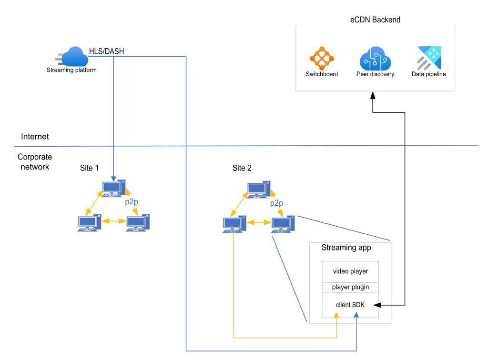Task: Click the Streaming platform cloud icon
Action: tap(74, 57)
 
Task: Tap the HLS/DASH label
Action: tap(106, 51)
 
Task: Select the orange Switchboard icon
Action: tap(322, 58)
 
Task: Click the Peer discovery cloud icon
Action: tap(375, 58)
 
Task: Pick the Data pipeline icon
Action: tap(429, 58)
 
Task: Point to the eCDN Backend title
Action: tap(375, 20)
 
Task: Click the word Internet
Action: tap(35, 137)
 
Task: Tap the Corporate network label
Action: tap(34, 162)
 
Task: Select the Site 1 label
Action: tap(90, 168)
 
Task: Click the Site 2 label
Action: tap(242, 168)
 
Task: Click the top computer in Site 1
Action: tap(114, 189)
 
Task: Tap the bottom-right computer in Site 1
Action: tap(138, 223)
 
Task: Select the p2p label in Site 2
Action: tap(276, 203)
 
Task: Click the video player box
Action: tap(350, 271)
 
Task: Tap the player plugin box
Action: tap(350, 288)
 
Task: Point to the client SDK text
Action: tap(350, 305)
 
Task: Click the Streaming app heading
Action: tap(346, 248)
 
